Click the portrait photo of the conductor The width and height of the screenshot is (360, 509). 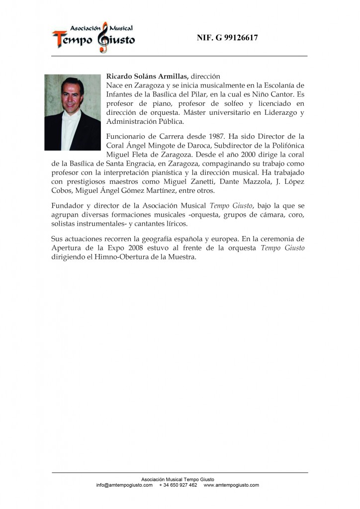pos(73,112)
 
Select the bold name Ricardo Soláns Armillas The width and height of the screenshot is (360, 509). pos(147,77)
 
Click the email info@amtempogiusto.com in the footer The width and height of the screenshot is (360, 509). pos(124,485)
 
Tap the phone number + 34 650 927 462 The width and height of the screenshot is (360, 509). pos(178,485)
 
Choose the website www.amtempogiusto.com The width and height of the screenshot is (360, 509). pos(231,485)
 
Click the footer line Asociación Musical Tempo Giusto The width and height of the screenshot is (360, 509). pos(178,479)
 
